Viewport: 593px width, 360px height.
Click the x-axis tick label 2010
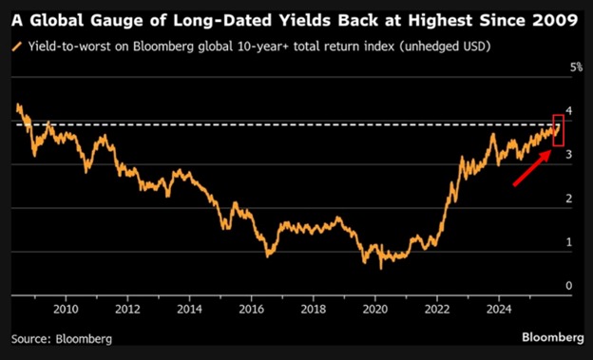click(66, 309)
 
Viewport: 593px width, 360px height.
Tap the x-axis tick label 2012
click(127, 309)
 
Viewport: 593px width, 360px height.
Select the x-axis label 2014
click(189, 309)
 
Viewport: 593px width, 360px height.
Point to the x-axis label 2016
click(251, 309)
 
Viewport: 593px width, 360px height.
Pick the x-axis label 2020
click(375, 309)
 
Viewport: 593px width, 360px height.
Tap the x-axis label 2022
click(437, 309)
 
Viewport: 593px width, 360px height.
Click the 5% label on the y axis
click(575, 67)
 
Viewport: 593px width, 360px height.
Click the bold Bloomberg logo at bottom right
click(551, 337)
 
